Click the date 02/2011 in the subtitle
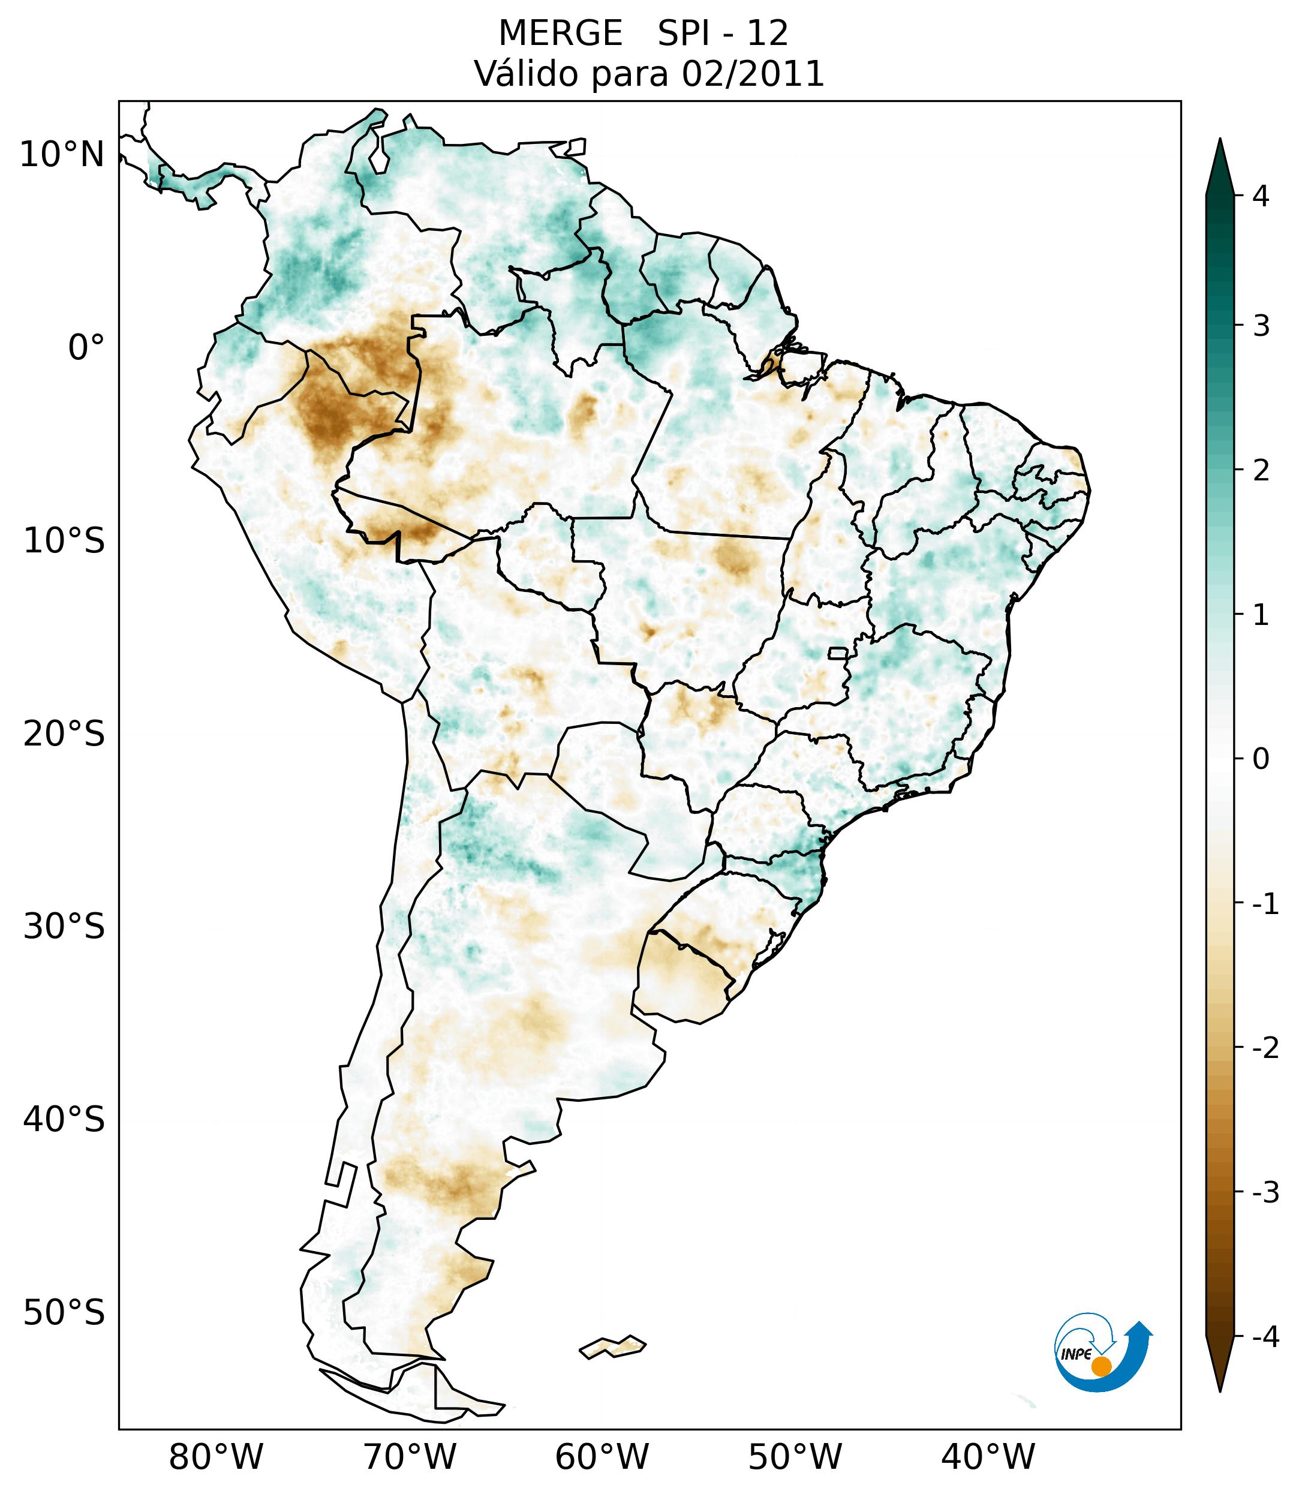[753, 74]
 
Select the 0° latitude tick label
[86, 348]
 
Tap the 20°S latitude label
[64, 734]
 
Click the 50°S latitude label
[64, 1313]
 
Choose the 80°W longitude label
[215, 1456]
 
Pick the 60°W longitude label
[602, 1456]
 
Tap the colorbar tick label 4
[1261, 196]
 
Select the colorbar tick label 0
[1261, 759]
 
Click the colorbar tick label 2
[1261, 471]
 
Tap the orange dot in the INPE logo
[1100, 1366]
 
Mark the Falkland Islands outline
[612, 1346]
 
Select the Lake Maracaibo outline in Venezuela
[378, 157]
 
